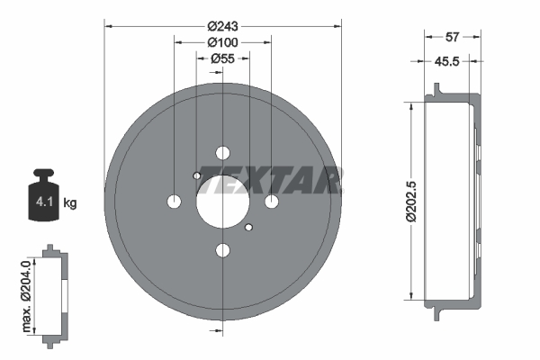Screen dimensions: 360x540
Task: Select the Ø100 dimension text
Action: click(x=222, y=41)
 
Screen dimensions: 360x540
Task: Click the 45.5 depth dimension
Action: click(x=450, y=62)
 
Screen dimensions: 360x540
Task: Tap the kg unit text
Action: click(x=70, y=203)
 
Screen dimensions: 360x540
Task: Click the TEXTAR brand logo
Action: click(x=270, y=179)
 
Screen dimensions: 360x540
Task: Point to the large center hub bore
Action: click(x=222, y=199)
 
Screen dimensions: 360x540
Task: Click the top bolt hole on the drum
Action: click(x=222, y=152)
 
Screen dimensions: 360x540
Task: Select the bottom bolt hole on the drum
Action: click(x=222, y=248)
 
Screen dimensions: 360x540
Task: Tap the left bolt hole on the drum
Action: click(x=175, y=200)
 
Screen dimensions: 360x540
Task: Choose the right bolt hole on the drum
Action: click(x=271, y=200)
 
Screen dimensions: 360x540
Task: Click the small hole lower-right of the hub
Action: click(x=249, y=227)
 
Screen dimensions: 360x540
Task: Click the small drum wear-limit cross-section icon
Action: click(x=51, y=293)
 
